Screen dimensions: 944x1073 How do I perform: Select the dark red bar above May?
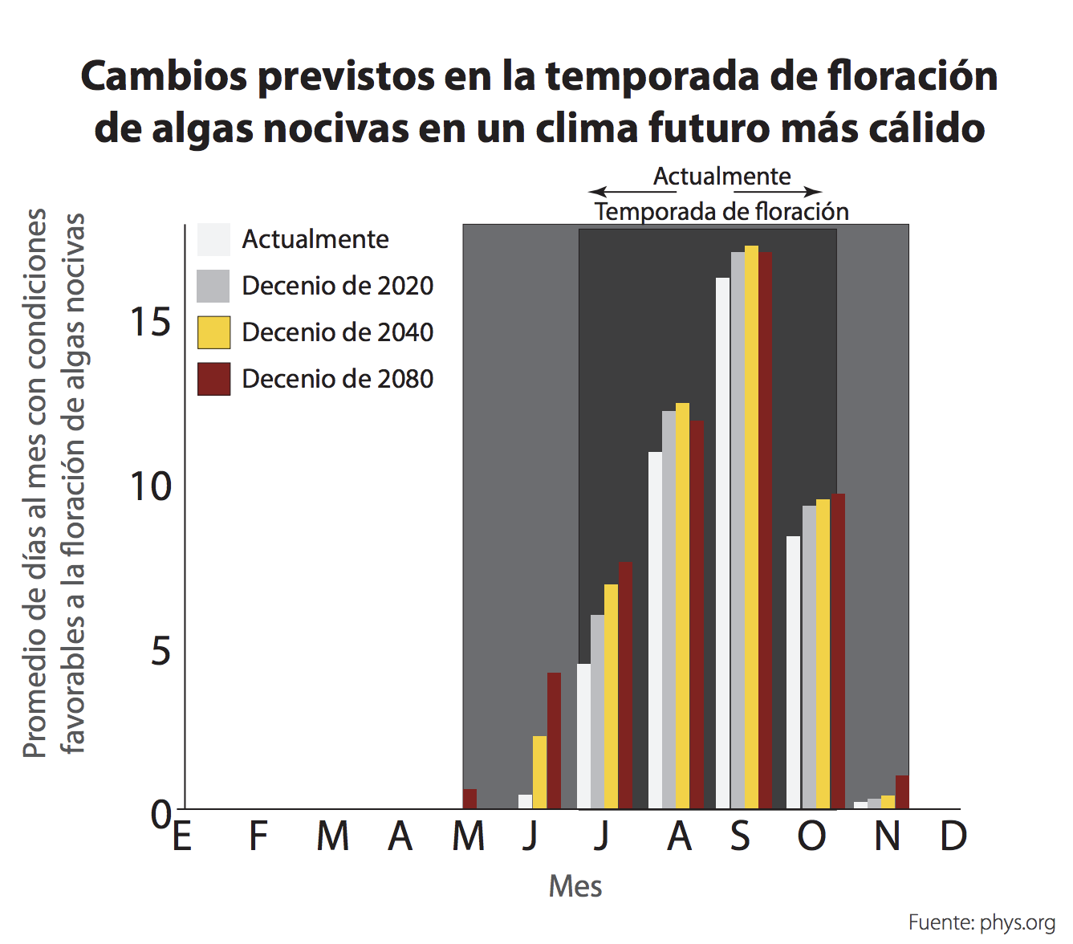469,800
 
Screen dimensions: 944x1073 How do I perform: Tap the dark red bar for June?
554,740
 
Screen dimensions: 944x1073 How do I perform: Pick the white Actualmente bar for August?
655,630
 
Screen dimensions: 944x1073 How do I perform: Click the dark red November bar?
902,792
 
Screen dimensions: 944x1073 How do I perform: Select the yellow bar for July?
611,696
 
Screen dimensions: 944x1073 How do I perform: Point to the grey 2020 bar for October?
809,657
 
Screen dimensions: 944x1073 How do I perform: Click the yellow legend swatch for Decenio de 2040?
213,332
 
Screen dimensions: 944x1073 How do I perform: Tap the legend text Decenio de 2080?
337,379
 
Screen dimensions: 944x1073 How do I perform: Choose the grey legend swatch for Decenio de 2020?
213,286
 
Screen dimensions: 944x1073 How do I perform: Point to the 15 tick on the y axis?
150,323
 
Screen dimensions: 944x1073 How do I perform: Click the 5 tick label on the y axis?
161,651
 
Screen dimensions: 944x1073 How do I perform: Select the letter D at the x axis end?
953,836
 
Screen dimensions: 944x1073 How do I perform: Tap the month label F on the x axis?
258,836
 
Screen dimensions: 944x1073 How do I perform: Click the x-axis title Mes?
575,886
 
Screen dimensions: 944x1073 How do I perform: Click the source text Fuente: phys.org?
981,922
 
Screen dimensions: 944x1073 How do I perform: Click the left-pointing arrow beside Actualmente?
598,192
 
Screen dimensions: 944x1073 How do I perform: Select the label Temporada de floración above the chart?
721,212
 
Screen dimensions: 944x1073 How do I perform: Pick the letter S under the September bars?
740,836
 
